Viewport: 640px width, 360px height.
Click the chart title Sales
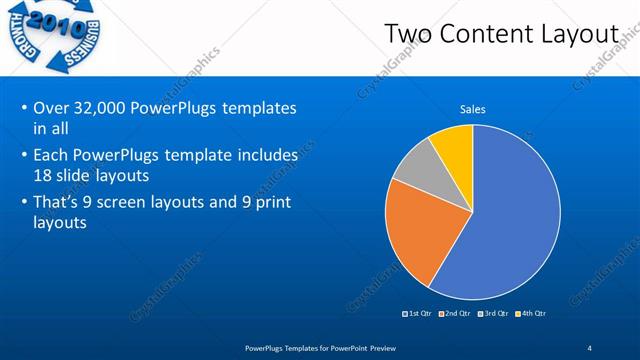tap(473, 109)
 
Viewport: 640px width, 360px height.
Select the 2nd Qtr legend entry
tap(458, 313)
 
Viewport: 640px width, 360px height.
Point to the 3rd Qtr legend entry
tap(496, 313)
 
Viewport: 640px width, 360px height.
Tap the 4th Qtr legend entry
tap(532, 313)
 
